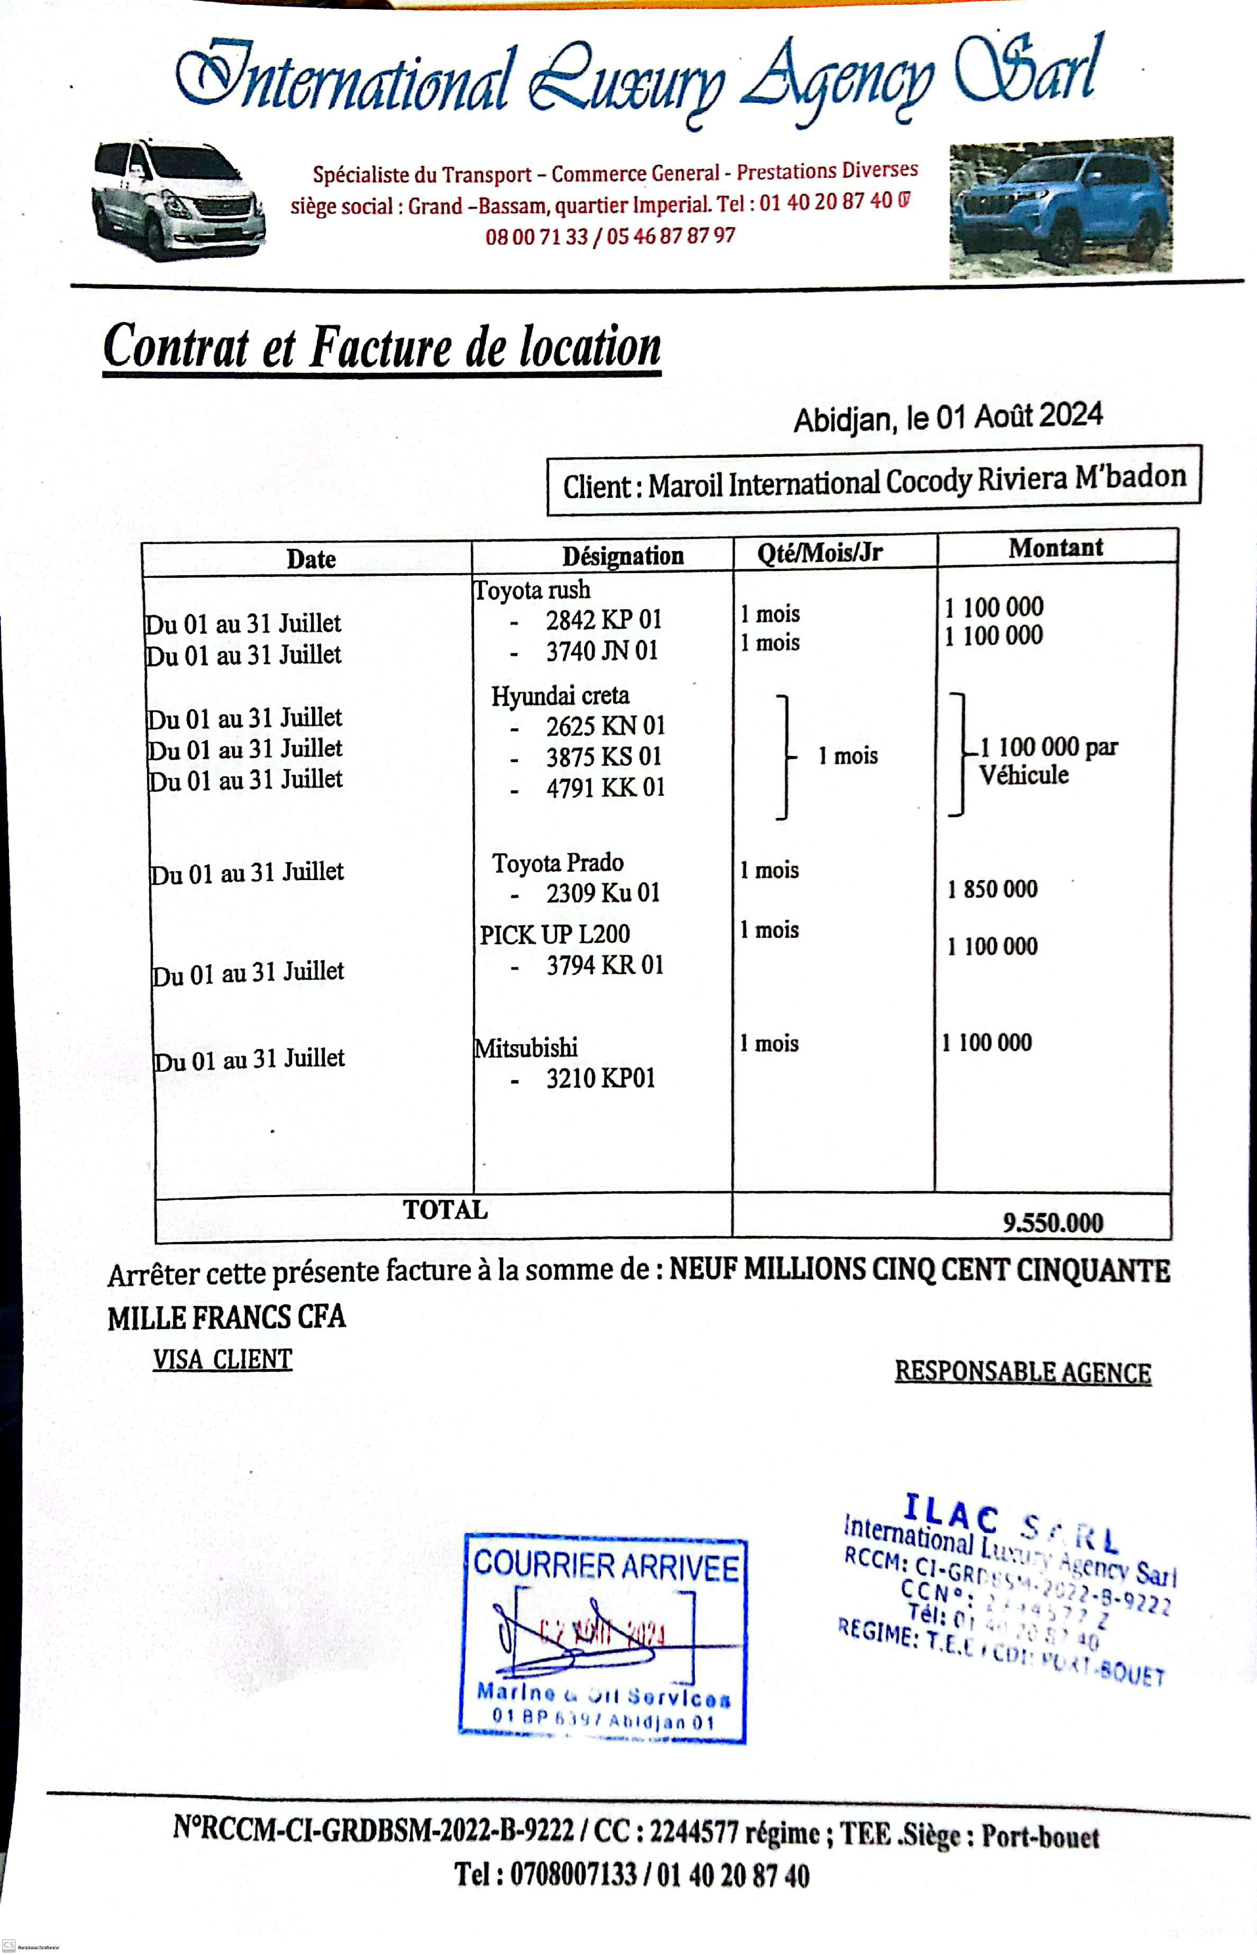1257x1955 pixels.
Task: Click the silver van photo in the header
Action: tap(178, 200)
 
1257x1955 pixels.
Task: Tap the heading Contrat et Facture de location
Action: tap(382, 348)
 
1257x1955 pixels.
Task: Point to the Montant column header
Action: tap(1055, 548)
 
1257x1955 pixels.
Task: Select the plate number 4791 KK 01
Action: tap(606, 788)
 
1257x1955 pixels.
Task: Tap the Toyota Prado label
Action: tap(558, 863)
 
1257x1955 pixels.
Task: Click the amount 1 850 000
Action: tap(992, 889)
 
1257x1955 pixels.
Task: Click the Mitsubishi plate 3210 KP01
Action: tap(601, 1078)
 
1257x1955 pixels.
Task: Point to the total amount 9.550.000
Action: tap(1052, 1223)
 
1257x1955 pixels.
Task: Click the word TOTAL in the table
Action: tap(445, 1210)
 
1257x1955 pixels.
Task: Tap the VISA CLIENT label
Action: tap(222, 1359)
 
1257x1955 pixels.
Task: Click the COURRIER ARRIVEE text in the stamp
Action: tap(606, 1564)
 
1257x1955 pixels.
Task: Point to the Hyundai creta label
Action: tap(560, 696)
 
